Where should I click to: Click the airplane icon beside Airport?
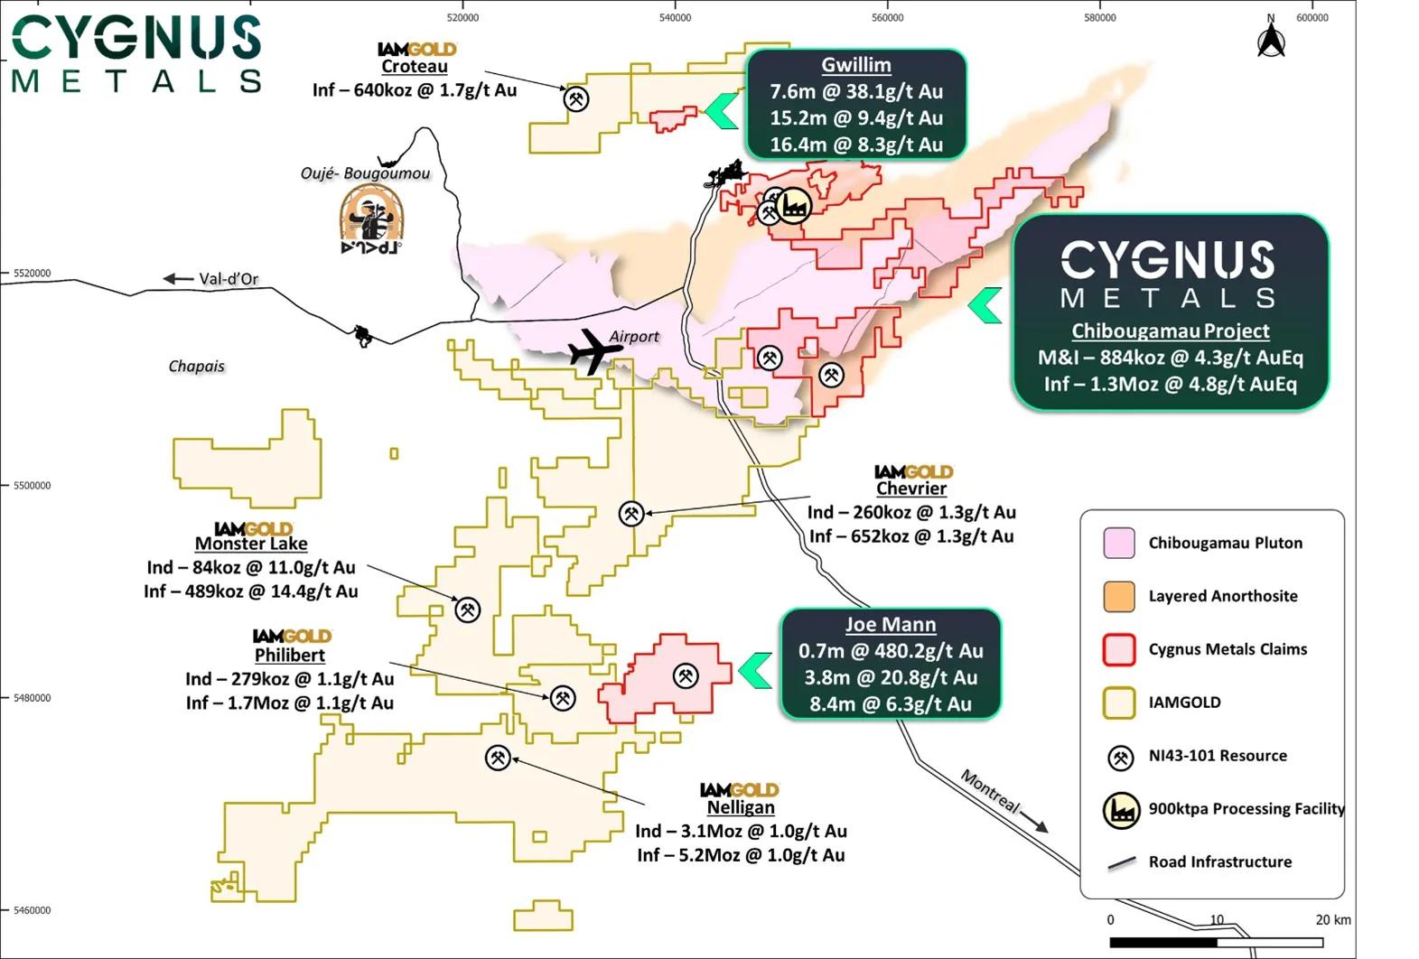coord(591,350)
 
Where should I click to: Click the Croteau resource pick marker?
coord(576,98)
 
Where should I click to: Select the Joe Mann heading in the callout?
coord(890,624)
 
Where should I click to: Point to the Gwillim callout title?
coord(855,65)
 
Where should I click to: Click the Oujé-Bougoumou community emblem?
coord(371,219)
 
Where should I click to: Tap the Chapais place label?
coord(196,366)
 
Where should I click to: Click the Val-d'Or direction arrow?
coord(178,278)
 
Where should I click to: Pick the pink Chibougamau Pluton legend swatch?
coord(1119,543)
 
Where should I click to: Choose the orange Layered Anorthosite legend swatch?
coord(1119,596)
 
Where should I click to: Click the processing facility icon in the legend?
coord(1121,810)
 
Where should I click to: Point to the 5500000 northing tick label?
coord(32,485)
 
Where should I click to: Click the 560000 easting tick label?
coord(887,17)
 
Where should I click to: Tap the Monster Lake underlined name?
coord(251,544)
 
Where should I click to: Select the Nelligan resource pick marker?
coord(498,758)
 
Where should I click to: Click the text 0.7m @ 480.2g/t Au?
coord(890,651)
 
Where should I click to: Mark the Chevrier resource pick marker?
coord(630,514)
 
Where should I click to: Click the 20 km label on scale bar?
coord(1332,919)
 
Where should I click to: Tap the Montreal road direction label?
coord(990,792)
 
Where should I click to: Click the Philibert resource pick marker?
coord(563,698)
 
